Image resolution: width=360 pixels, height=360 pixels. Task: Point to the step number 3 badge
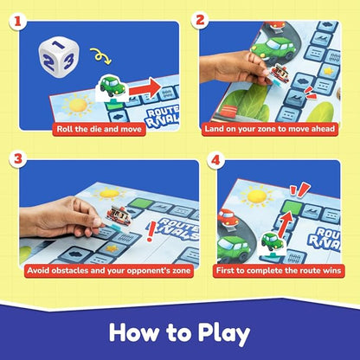[x=14, y=160]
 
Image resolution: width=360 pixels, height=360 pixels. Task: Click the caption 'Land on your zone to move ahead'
[x=275, y=129]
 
